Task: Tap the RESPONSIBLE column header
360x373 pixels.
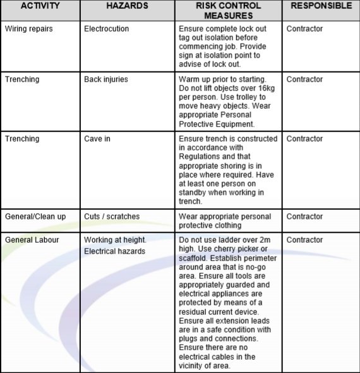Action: [x=321, y=6]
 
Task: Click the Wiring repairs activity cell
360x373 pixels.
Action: [x=30, y=29]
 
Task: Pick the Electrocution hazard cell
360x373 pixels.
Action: [x=106, y=29]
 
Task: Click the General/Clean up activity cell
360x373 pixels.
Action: [x=35, y=217]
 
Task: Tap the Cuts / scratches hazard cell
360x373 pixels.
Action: [x=112, y=217]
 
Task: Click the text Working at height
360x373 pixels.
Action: [x=115, y=240]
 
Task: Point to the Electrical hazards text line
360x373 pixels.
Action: [x=114, y=252]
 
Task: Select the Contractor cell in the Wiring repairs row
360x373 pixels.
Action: [x=304, y=29]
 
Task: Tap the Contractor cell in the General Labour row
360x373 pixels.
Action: [x=304, y=240]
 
